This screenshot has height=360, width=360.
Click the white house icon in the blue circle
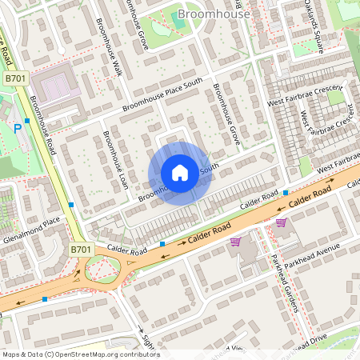point(180,173)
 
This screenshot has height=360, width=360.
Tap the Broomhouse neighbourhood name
point(214,14)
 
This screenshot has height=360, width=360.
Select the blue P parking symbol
point(18,128)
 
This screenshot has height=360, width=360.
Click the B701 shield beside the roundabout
point(80,250)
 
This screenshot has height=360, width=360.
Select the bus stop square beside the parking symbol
point(27,120)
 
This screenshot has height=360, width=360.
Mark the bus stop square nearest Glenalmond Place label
point(71,205)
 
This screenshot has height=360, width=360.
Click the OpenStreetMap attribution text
point(80,354)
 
